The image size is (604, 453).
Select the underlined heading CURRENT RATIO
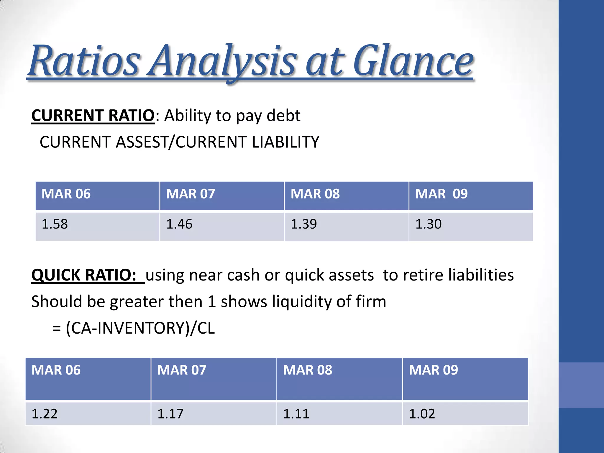coord(93,115)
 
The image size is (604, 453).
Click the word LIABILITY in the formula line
coord(285,142)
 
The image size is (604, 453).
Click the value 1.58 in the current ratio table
coord(55,224)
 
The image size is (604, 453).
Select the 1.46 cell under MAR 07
coord(179,224)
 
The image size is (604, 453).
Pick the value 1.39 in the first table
coord(304,224)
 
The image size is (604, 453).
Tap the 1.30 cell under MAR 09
coord(428,224)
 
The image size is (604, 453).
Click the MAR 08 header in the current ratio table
coord(315,194)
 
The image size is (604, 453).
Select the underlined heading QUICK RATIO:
coord(84,275)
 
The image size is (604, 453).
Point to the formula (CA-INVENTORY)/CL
coord(140,328)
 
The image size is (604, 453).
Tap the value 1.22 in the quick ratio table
coord(44,414)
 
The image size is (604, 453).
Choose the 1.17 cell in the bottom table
coord(170,414)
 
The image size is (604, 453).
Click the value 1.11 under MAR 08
coord(296,414)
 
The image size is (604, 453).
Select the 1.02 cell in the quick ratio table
coord(422,414)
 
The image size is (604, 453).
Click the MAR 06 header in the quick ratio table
coord(56,370)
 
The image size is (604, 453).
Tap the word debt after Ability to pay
coord(283,115)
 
